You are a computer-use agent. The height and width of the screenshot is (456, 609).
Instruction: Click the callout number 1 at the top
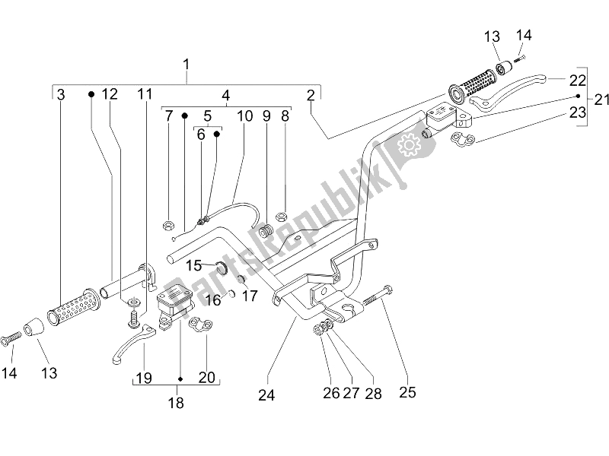(x=187, y=65)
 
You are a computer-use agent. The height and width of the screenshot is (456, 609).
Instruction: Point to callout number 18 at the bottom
(x=176, y=404)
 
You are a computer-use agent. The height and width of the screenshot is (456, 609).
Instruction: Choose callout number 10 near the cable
(x=244, y=116)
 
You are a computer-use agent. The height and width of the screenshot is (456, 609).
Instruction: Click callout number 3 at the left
(x=61, y=94)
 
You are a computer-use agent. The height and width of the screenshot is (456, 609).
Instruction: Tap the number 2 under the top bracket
(x=311, y=95)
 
